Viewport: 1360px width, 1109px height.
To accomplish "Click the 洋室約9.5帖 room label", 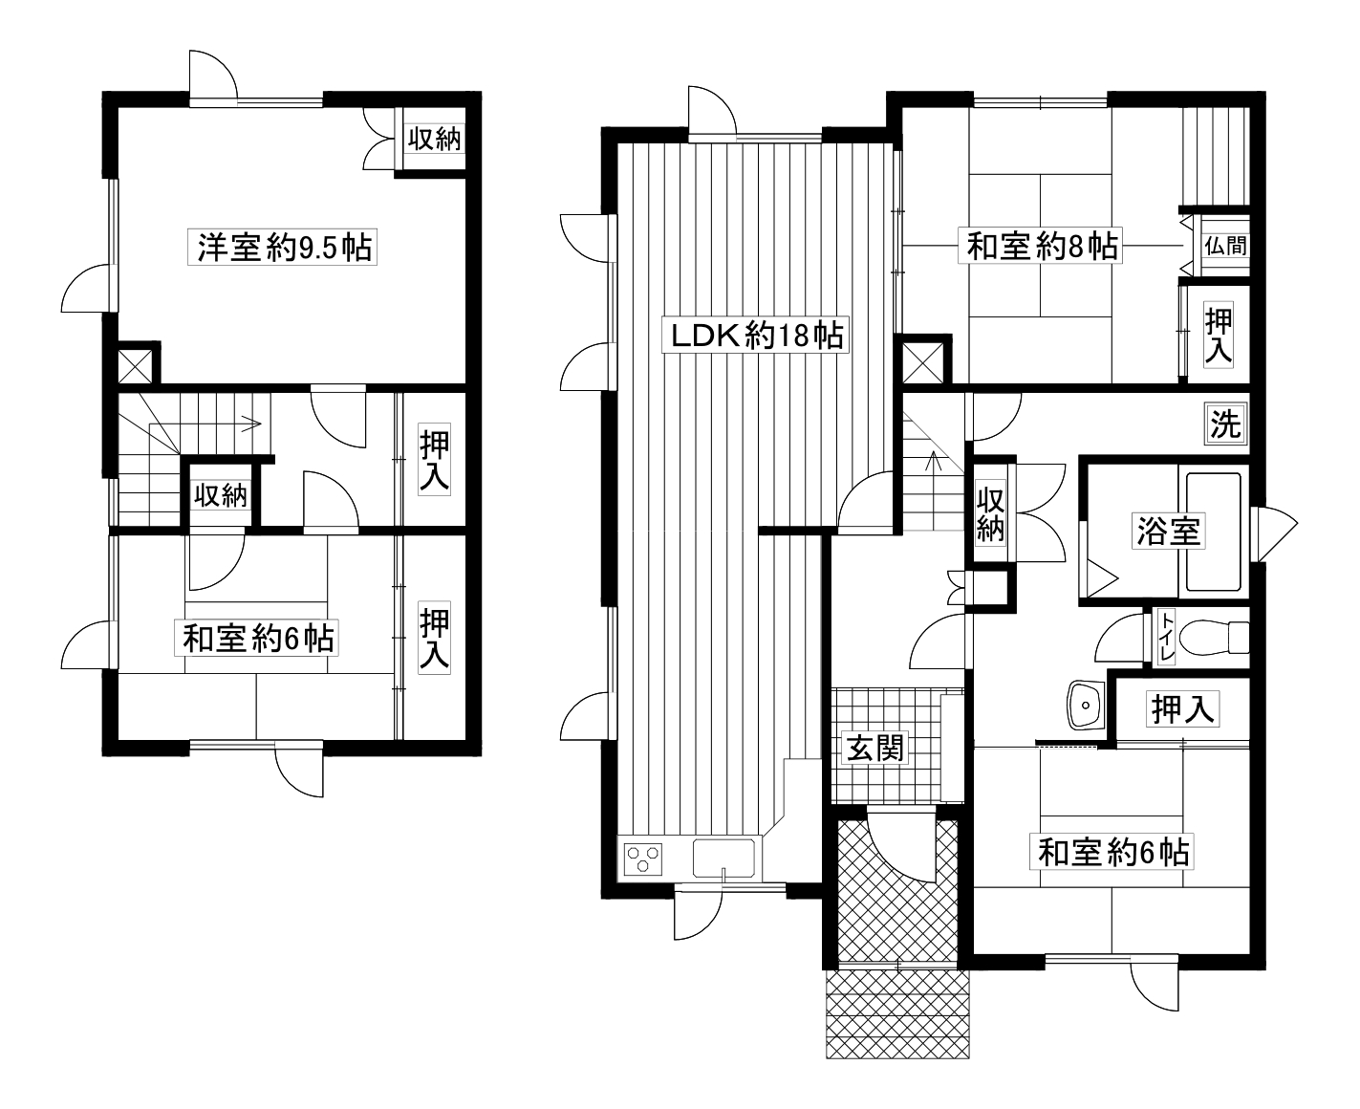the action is pyautogui.click(x=282, y=247).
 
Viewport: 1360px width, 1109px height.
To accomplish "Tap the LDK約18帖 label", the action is pyautogui.click(x=755, y=335).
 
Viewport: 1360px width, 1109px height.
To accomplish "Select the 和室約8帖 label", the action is pyautogui.click(x=1040, y=246).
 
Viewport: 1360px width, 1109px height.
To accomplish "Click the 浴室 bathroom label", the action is pyautogui.click(x=1169, y=532).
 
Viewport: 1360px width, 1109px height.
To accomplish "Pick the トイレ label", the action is pyautogui.click(x=1167, y=637).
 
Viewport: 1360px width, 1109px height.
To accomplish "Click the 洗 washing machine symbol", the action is pyautogui.click(x=1225, y=424).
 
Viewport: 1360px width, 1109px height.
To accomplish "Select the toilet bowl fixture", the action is pyautogui.click(x=1215, y=637).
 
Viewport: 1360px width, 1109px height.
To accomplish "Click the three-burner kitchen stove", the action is pyautogui.click(x=642, y=859).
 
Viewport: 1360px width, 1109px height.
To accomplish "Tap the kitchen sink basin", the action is pyautogui.click(x=723, y=858).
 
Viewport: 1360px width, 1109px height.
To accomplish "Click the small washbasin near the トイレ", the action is pyautogui.click(x=1086, y=706).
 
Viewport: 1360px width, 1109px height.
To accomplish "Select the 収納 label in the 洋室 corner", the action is pyautogui.click(x=434, y=139).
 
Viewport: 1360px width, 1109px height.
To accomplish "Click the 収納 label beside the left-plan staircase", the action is pyautogui.click(x=221, y=495).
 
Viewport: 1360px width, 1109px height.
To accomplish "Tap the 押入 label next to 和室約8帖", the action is pyautogui.click(x=1219, y=335).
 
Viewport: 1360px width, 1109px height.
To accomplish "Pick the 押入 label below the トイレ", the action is pyautogui.click(x=1182, y=709).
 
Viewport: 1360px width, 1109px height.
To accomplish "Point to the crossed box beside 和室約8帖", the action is pyautogui.click(x=923, y=363).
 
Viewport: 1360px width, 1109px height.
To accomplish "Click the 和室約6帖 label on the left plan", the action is pyautogui.click(x=257, y=638).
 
